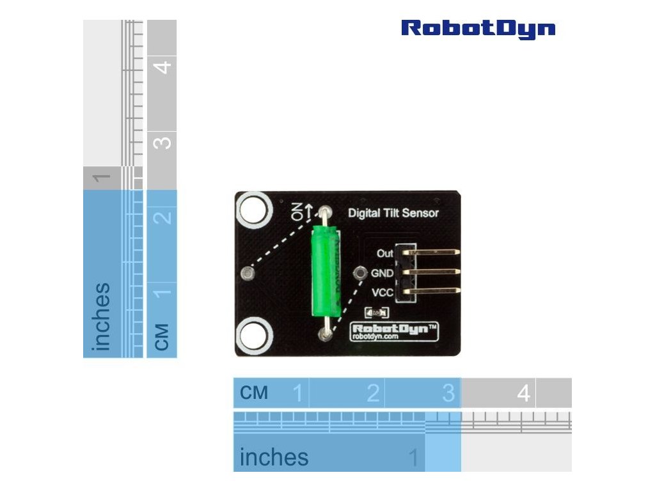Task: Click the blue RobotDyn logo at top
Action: click(x=478, y=29)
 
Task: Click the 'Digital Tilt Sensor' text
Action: click(x=393, y=213)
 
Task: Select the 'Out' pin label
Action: click(x=384, y=253)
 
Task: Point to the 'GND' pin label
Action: click(x=382, y=273)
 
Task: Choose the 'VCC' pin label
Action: click(x=382, y=293)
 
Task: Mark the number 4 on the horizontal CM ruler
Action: click(x=524, y=393)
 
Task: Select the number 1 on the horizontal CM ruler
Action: click(x=297, y=393)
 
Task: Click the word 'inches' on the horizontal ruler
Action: click(x=274, y=457)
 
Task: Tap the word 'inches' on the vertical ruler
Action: click(x=100, y=316)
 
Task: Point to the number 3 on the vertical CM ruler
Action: click(x=162, y=141)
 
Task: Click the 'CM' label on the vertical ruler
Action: click(x=162, y=336)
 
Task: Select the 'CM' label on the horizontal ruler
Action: click(x=254, y=393)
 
